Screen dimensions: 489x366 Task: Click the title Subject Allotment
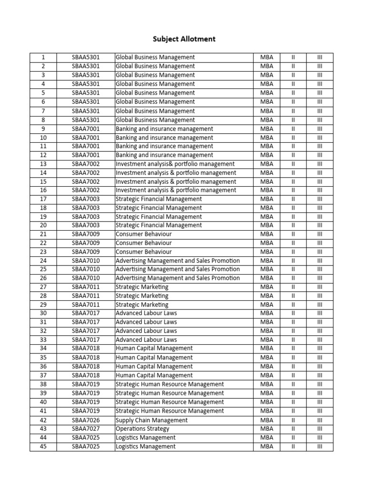(x=184, y=39)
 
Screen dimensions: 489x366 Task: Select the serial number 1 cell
(x=43, y=57)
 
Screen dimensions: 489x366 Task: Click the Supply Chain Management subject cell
(x=152, y=420)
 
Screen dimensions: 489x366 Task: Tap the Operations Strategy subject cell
(x=142, y=429)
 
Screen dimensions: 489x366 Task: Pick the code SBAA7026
(x=86, y=420)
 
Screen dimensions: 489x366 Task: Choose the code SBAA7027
(x=86, y=429)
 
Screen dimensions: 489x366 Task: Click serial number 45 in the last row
(x=43, y=446)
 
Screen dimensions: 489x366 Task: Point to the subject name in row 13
(x=174, y=164)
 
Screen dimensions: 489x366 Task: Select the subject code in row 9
(x=86, y=128)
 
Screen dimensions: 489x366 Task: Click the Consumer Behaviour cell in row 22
(x=143, y=243)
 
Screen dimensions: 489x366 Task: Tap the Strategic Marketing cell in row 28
(x=142, y=296)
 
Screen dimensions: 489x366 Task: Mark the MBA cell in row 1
(x=267, y=57)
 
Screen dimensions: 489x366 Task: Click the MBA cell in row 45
(x=267, y=446)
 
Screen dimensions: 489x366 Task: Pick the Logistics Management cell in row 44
(x=145, y=437)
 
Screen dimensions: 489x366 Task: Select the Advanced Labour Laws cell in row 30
(x=146, y=313)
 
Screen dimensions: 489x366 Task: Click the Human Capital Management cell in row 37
(x=154, y=375)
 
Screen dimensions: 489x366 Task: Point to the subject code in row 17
(x=86, y=199)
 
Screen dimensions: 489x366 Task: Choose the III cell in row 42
(x=320, y=420)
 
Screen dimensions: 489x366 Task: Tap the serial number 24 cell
(x=43, y=261)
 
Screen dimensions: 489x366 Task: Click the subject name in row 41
(x=169, y=411)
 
